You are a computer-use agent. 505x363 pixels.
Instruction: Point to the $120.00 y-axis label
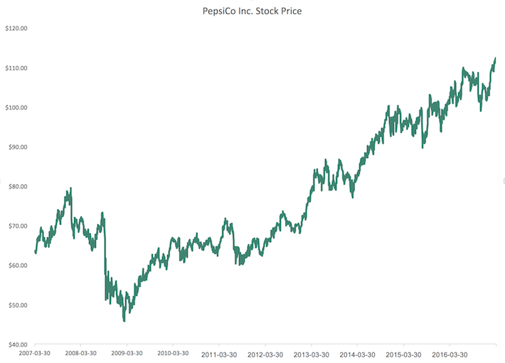click(x=16, y=28)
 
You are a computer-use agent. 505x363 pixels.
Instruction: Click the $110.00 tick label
click(x=16, y=68)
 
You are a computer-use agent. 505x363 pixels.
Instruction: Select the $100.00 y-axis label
click(x=16, y=107)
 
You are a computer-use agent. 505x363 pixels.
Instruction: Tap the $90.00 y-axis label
click(x=17, y=147)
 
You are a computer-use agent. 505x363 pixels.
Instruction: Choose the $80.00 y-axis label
click(x=17, y=186)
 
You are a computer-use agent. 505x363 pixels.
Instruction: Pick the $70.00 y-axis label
click(x=17, y=226)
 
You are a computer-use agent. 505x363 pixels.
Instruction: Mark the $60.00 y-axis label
click(x=17, y=265)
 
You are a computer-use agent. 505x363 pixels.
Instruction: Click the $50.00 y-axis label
click(x=17, y=305)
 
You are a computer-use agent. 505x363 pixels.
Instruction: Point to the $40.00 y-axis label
click(x=17, y=344)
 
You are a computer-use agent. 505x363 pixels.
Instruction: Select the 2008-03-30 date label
click(x=80, y=353)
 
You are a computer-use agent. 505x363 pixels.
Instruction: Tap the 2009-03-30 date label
click(x=127, y=353)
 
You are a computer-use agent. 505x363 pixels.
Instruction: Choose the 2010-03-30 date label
click(x=173, y=353)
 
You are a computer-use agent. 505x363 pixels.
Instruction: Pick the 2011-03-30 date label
click(x=219, y=354)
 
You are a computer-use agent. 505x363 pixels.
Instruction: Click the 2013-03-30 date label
click(x=312, y=354)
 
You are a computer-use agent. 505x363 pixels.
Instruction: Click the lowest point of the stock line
click(x=124, y=321)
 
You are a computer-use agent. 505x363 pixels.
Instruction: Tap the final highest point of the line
click(x=495, y=58)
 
